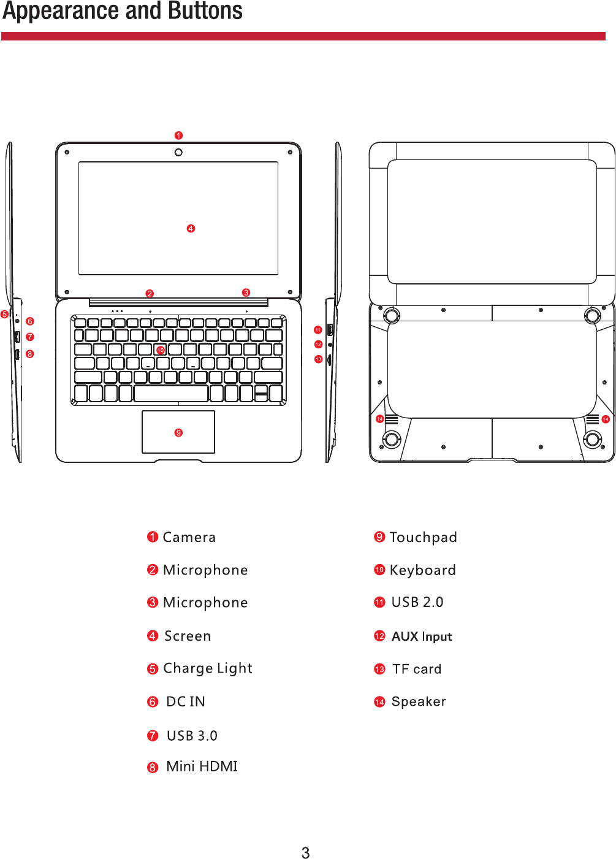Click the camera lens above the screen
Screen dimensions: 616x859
[178, 152]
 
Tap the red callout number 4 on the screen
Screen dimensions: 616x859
[191, 229]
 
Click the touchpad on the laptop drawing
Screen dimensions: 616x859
[178, 432]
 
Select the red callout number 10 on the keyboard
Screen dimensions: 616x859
[161, 350]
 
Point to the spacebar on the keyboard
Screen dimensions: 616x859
[170, 394]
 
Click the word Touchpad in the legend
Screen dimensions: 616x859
[423, 538]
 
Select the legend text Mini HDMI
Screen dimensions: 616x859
[202, 766]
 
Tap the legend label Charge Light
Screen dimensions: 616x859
[207, 668]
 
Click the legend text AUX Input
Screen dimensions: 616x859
[422, 636]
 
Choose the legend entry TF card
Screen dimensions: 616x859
[417, 669]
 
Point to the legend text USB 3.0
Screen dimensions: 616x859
[192, 735]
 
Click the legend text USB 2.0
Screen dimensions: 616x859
[417, 602]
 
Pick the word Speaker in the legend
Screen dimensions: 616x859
[419, 701]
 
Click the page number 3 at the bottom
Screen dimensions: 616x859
[305, 853]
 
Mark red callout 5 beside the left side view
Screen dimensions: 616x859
[5, 315]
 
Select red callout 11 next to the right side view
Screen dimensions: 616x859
[318, 330]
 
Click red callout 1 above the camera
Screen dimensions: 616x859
[178, 136]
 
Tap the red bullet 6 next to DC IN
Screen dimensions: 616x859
[153, 702]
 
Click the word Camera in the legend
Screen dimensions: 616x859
[189, 538]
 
